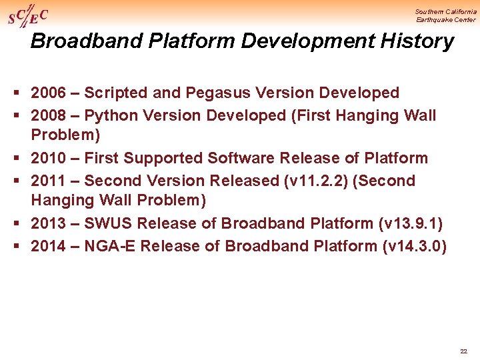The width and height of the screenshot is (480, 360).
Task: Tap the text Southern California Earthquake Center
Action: point(445,15)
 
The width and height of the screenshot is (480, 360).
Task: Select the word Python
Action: point(111,115)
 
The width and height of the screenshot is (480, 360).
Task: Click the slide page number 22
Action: point(463,351)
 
